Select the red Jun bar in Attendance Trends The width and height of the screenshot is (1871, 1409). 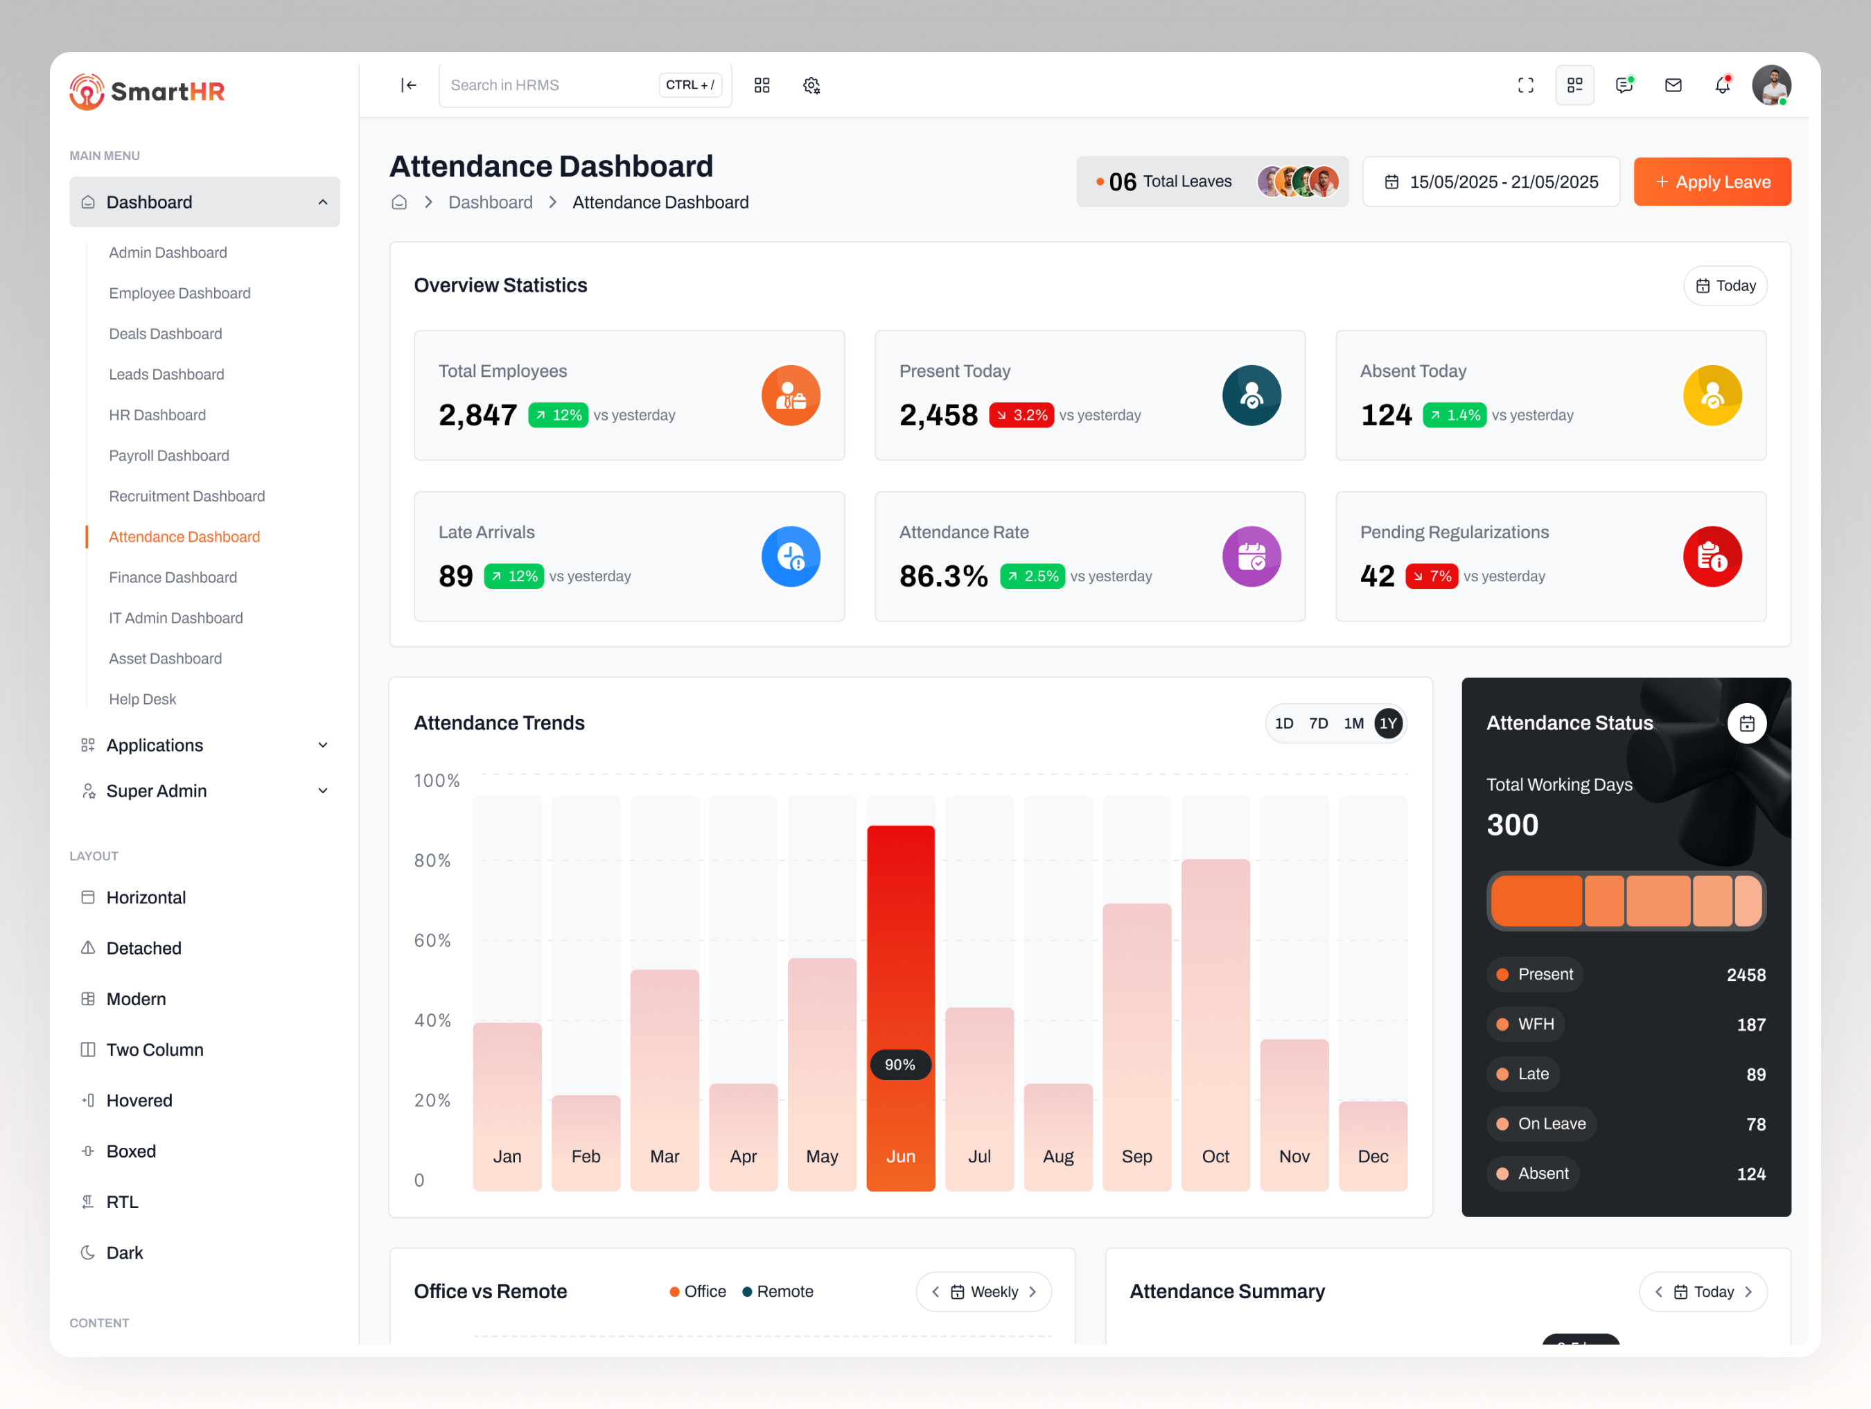pos(900,973)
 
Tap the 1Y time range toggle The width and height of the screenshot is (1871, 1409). pos(1387,723)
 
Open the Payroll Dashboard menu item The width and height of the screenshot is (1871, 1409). pos(169,456)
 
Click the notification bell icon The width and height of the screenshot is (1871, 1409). pos(1721,85)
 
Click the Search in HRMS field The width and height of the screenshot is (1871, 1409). pos(550,85)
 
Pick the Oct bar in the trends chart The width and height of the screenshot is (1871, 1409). pos(1215,1015)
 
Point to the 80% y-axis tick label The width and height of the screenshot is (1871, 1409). pos(432,860)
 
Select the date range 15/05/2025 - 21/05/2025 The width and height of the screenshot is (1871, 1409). pos(1491,181)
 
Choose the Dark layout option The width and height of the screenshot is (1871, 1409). pos(124,1252)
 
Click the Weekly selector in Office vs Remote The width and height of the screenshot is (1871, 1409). pos(984,1291)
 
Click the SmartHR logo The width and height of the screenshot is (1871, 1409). pos(147,91)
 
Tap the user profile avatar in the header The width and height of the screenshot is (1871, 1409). pos(1771,85)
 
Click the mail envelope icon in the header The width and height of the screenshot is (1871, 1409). pos(1672,85)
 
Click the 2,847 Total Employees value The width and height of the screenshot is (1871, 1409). pos(477,415)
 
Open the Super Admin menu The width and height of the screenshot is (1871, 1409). pos(157,791)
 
